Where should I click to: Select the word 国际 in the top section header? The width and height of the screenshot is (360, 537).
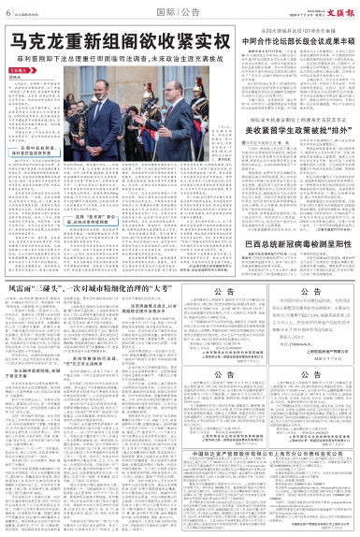(x=166, y=11)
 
